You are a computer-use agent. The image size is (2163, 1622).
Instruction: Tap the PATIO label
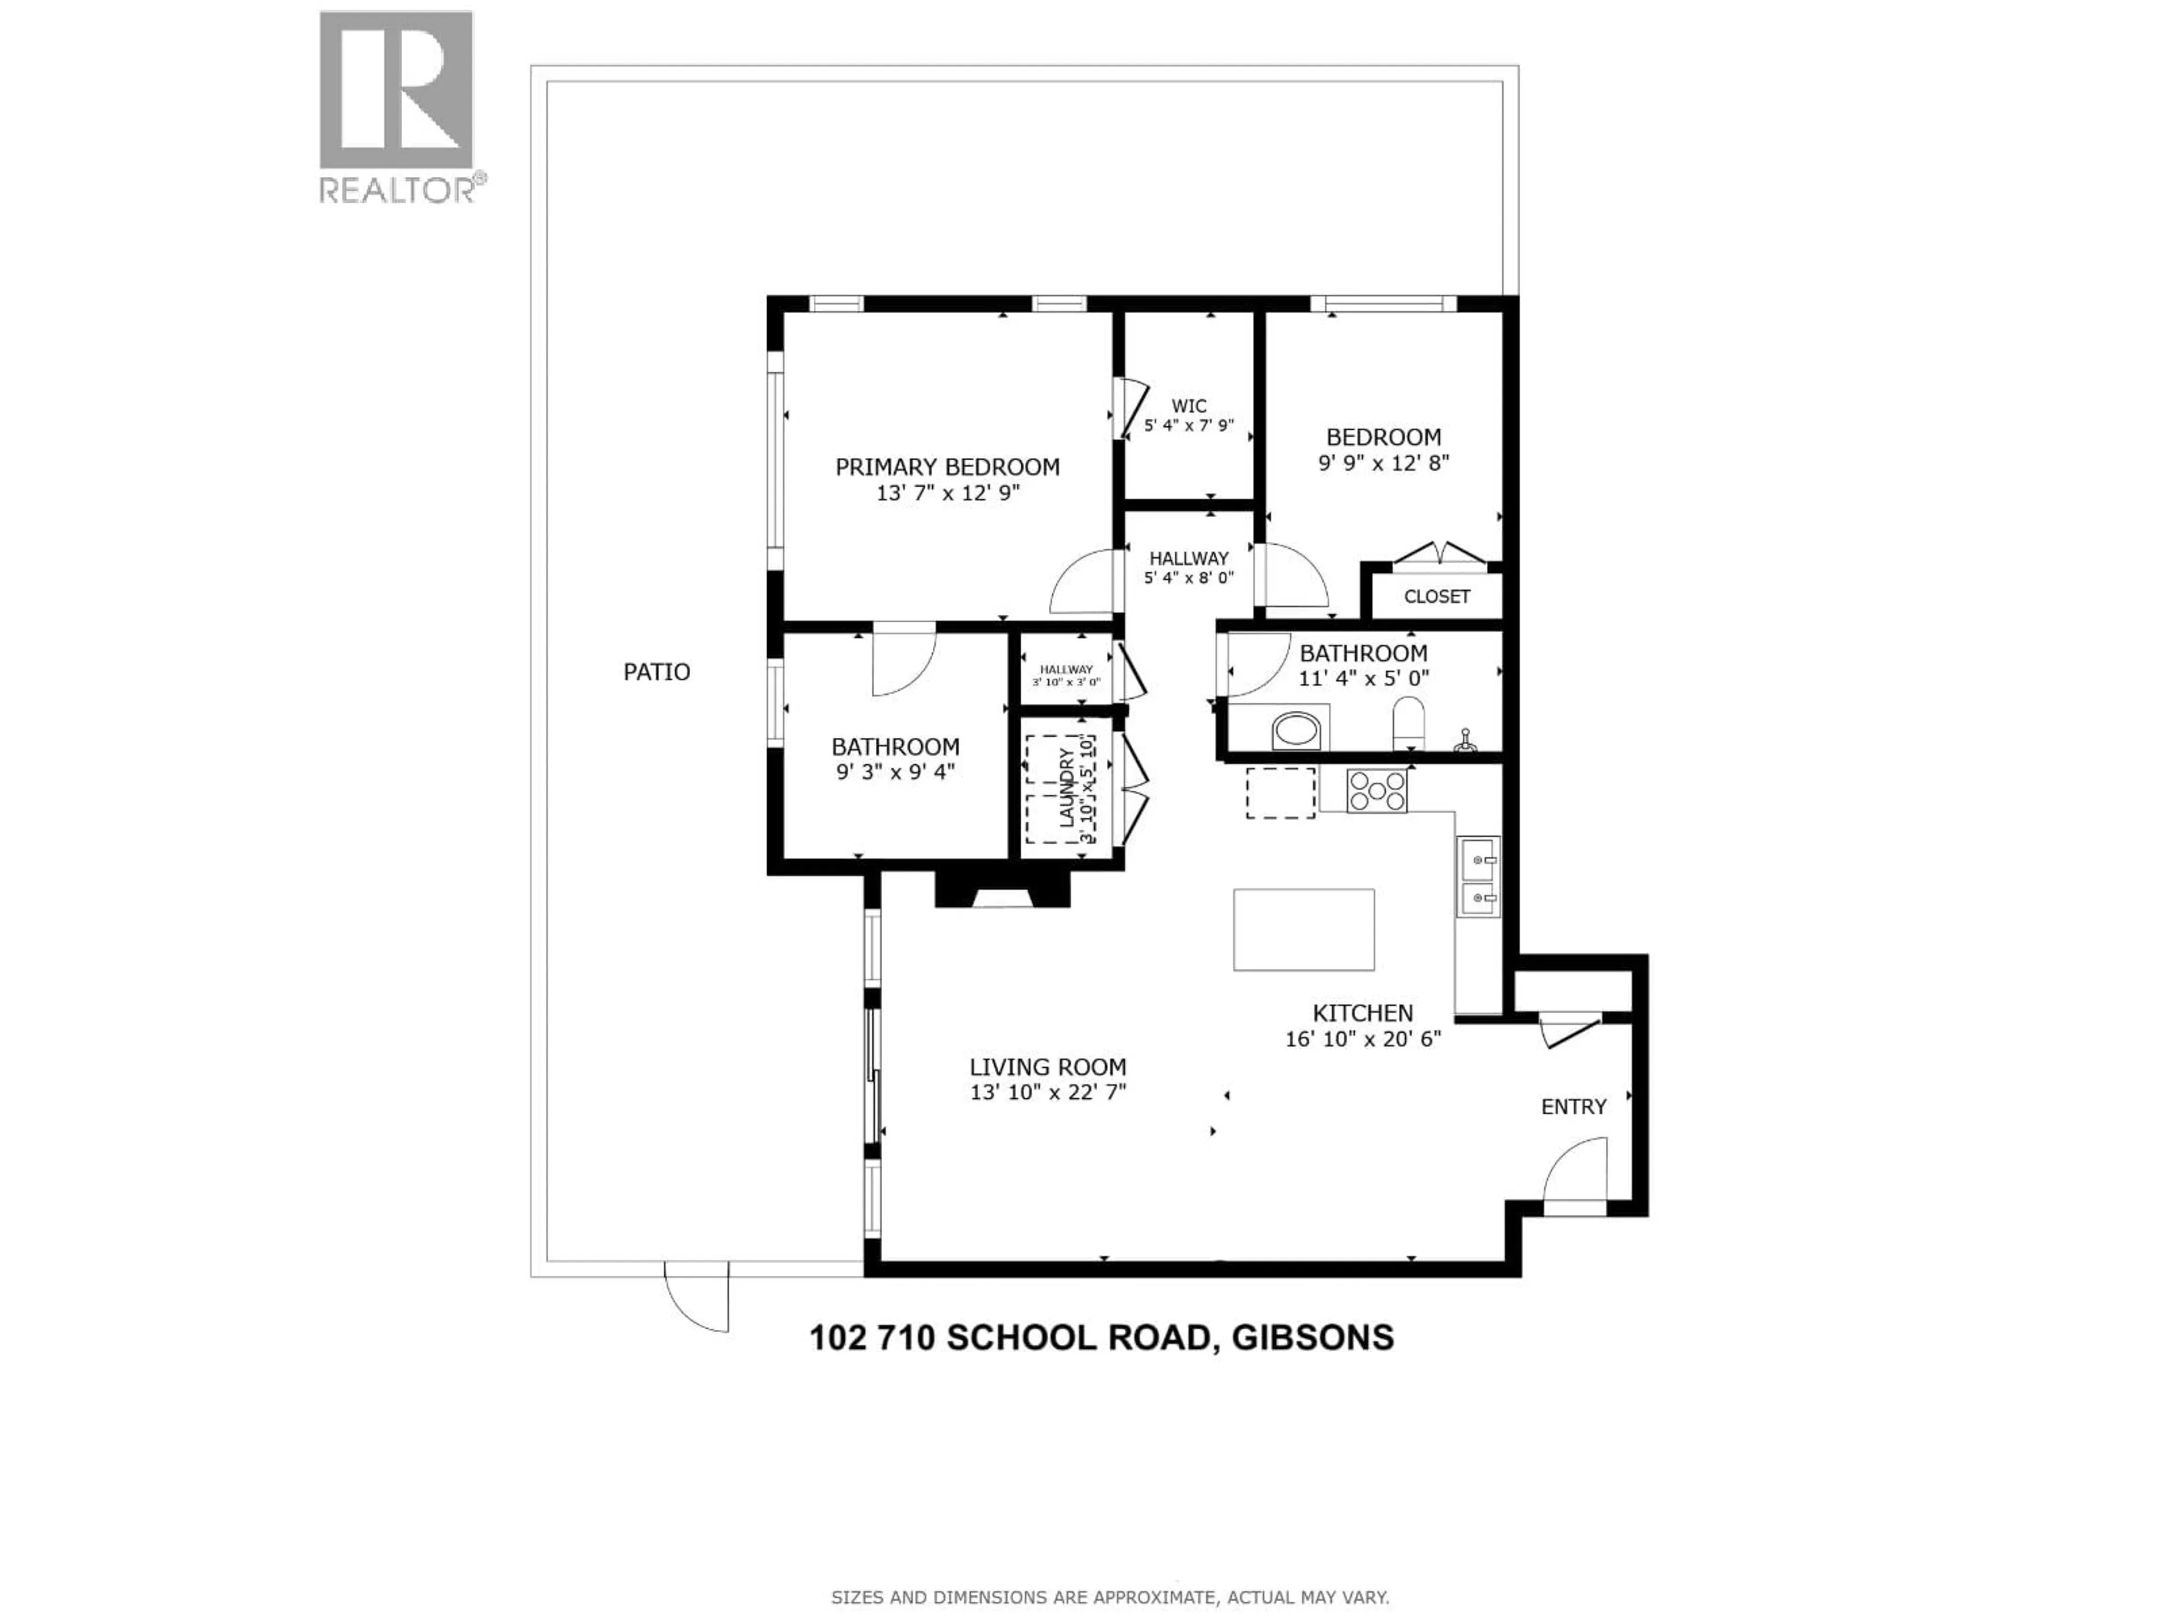tap(656, 672)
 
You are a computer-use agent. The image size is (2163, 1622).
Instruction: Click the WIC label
tap(1189, 405)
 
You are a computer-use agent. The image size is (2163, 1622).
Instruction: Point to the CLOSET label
tap(1436, 596)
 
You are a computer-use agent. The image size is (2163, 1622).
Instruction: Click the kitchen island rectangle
tap(1303, 930)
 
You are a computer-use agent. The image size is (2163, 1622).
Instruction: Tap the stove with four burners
tap(1377, 791)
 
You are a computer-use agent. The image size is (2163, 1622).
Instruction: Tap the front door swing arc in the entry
tap(1574, 1175)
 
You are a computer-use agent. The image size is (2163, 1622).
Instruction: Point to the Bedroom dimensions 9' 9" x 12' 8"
tap(1383, 462)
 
